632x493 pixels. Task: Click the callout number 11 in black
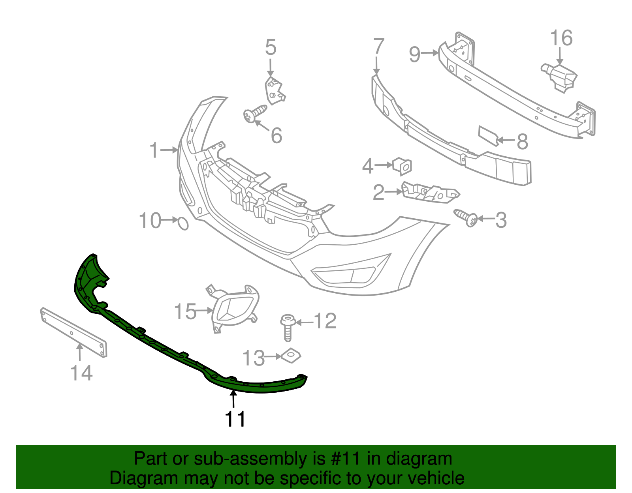pyautogui.click(x=235, y=419)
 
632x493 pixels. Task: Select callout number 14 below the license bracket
pyautogui.click(x=81, y=373)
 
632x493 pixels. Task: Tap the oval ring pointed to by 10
pyautogui.click(x=183, y=223)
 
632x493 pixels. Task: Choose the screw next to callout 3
pyautogui.click(x=466, y=217)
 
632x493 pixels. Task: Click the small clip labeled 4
pyautogui.click(x=403, y=166)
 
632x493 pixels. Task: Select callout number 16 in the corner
pyautogui.click(x=561, y=38)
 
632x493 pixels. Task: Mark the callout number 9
pyautogui.click(x=415, y=54)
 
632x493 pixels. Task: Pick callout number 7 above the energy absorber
pyautogui.click(x=378, y=47)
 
